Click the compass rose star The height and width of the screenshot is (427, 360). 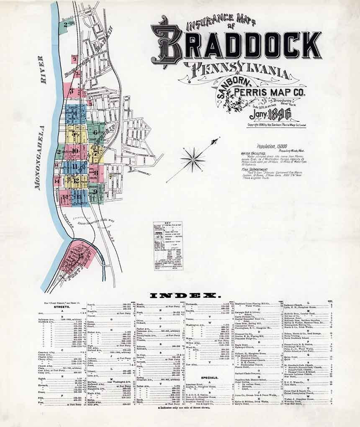[x=193, y=159]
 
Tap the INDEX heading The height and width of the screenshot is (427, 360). [x=185, y=296]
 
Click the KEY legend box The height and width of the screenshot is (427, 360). [x=168, y=245]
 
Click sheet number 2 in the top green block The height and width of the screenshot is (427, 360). [x=66, y=28]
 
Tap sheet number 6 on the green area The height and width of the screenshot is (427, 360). [x=95, y=133]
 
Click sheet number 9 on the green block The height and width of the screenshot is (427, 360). [x=95, y=192]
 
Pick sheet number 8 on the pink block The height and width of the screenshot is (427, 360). [x=96, y=172]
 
